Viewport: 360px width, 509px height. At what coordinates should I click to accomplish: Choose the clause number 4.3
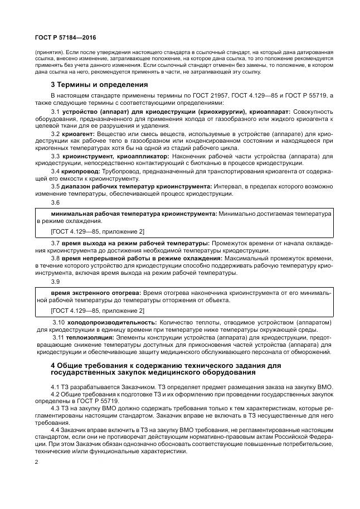[55, 408]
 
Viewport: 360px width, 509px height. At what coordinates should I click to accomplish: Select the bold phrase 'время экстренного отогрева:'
[96, 292]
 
